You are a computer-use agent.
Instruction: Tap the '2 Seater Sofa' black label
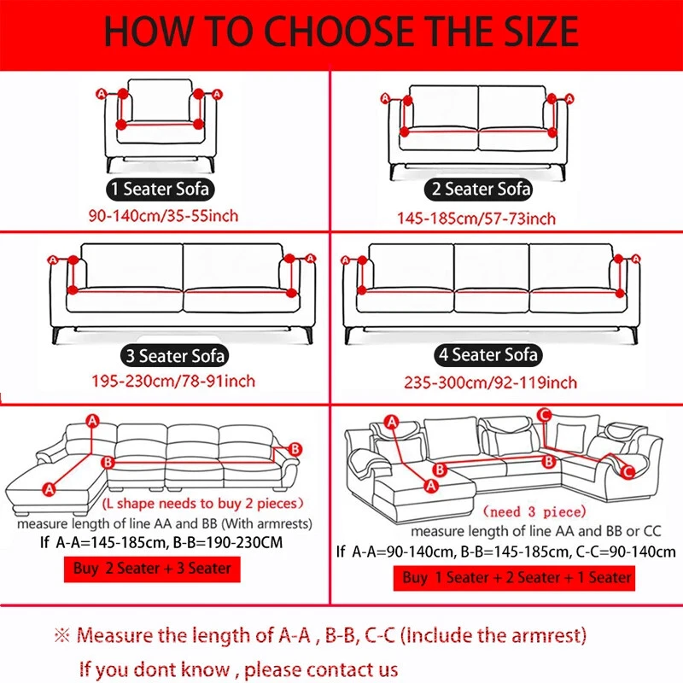point(479,189)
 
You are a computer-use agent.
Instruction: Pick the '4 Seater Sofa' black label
point(486,353)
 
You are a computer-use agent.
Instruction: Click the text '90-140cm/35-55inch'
point(161,215)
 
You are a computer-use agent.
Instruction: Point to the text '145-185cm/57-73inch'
point(476,219)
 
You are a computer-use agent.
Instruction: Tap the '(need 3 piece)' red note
point(534,512)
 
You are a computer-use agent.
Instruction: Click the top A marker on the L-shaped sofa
point(92,418)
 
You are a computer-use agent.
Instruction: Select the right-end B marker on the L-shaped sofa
point(295,448)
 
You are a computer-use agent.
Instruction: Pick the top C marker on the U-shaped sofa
point(544,416)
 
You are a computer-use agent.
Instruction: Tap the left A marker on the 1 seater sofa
point(102,93)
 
